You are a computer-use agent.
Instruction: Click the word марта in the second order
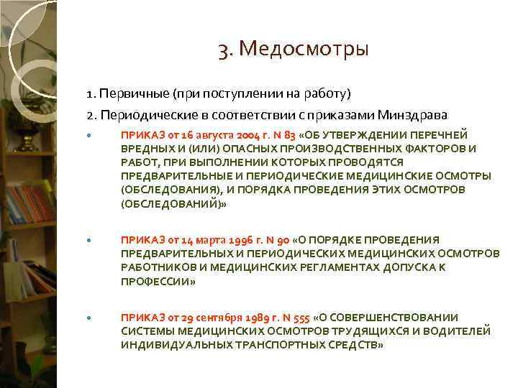point(193,239)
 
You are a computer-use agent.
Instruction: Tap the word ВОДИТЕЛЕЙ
point(460,331)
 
